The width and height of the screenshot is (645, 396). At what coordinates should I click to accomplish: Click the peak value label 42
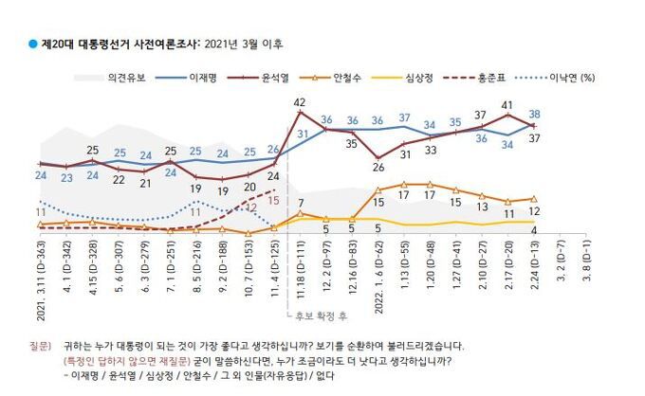(x=299, y=101)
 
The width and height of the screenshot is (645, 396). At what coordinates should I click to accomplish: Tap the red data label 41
(x=507, y=106)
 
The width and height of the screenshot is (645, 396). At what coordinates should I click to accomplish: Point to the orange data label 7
(x=299, y=203)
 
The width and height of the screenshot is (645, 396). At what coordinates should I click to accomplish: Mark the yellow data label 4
(x=536, y=230)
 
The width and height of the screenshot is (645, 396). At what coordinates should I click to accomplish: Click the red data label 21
(x=146, y=183)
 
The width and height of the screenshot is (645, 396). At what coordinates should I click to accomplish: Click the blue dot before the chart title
(x=31, y=44)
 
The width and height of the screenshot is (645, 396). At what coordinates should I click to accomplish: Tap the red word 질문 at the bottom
(x=39, y=346)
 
